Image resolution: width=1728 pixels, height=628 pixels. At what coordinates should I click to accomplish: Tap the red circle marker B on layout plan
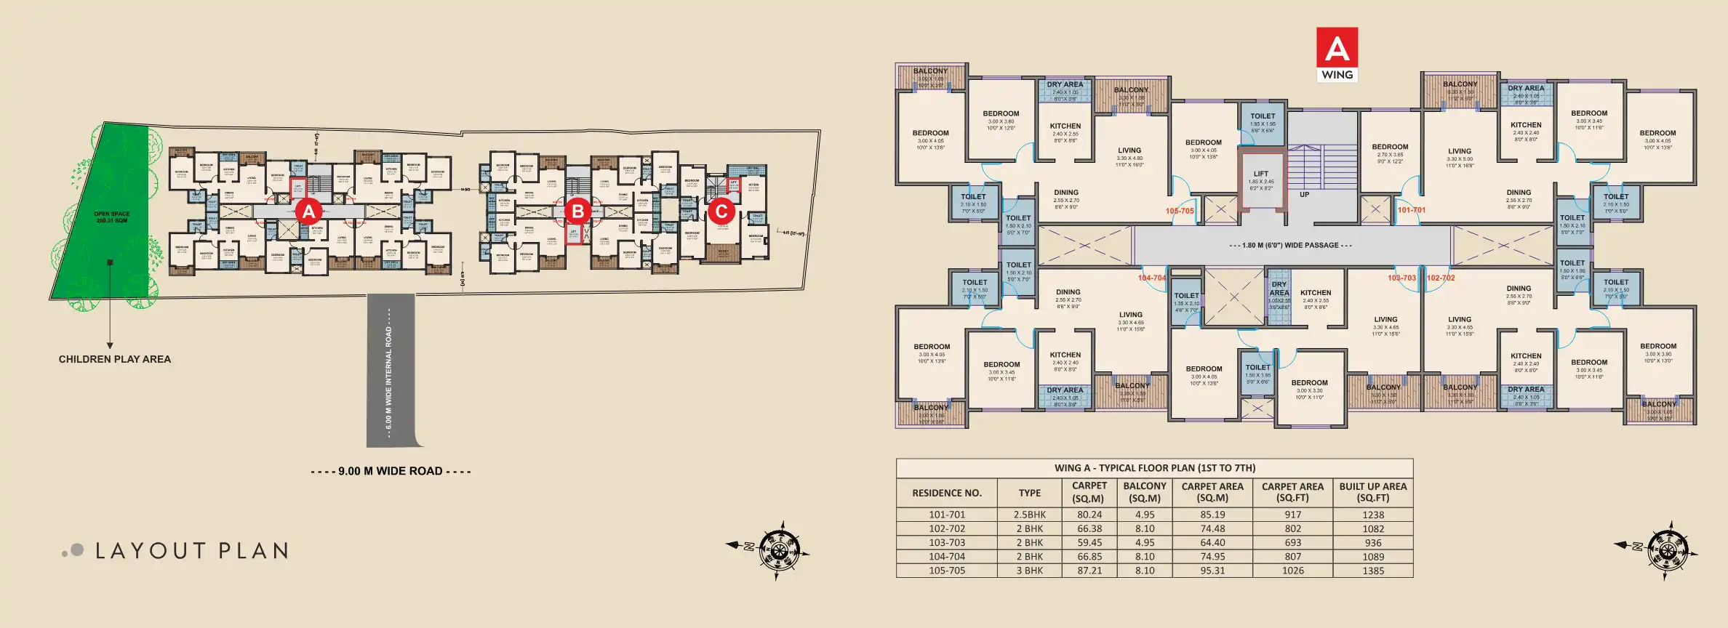tap(577, 212)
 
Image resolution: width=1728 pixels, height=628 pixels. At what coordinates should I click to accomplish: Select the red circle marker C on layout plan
tap(721, 212)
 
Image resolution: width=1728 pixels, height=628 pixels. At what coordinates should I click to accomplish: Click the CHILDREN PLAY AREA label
tap(115, 359)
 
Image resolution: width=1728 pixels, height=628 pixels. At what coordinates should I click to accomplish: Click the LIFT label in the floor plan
tap(1260, 174)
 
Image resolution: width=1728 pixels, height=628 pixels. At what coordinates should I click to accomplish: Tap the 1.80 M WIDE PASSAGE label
tap(1290, 246)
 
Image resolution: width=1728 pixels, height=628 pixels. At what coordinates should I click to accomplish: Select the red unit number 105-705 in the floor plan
tap(1180, 212)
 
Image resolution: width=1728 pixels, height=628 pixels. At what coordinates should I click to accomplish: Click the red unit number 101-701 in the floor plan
tap(1411, 210)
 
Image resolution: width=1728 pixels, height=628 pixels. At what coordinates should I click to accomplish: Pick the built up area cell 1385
tap(1372, 571)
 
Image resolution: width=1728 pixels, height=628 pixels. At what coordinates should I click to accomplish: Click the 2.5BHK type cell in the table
tap(1029, 515)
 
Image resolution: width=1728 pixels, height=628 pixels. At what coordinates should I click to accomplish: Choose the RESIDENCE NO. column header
tap(946, 493)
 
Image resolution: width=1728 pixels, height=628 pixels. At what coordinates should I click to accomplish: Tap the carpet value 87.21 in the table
tap(1089, 571)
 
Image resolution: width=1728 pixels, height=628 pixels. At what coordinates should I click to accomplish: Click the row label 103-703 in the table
tap(946, 543)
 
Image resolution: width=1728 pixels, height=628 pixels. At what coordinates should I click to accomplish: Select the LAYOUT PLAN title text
tap(192, 551)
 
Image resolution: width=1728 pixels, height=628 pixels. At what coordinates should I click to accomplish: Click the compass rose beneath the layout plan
tap(778, 549)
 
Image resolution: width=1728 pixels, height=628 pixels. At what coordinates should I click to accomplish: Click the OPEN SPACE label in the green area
tap(112, 217)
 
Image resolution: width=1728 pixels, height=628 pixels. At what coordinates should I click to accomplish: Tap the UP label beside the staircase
tap(1304, 195)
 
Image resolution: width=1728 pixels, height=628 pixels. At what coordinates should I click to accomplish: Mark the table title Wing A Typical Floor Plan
tap(1154, 468)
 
